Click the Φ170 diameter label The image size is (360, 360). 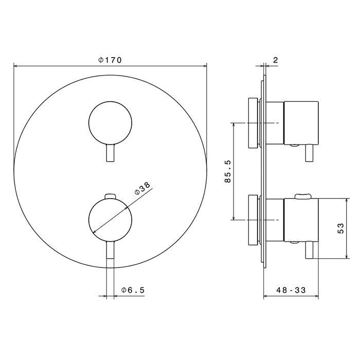coord(110,60)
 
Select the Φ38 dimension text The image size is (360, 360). coord(142,188)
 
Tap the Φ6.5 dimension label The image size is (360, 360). coord(133,290)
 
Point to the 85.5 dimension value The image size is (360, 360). coord(227,171)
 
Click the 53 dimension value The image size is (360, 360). coord(341,228)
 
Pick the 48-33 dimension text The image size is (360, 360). coord(291,290)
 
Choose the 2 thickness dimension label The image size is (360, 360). coord(276,60)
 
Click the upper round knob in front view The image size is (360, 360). coord(110,123)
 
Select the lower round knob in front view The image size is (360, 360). coord(110,220)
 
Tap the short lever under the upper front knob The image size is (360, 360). coord(111,154)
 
